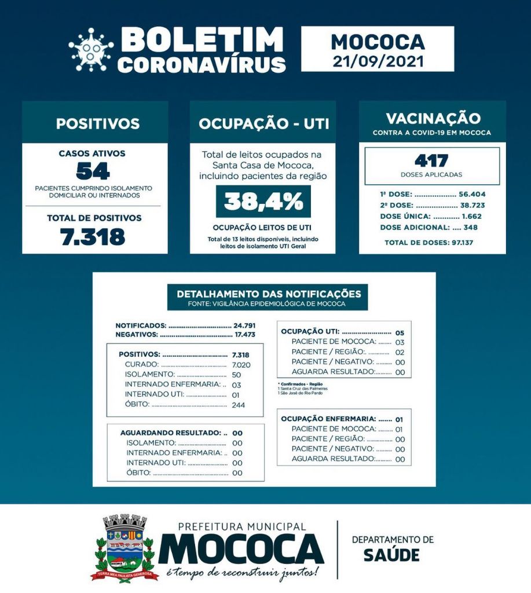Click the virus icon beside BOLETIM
[91, 50]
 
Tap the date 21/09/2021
[378, 61]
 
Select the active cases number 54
[93, 171]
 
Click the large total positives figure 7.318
[93, 236]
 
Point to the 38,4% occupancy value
[263, 201]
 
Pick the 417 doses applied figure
[431, 160]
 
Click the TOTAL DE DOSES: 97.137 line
[429, 242]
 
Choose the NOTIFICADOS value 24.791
[244, 325]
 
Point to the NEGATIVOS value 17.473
[244, 335]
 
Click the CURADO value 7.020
[237, 364]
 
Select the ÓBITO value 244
[237, 405]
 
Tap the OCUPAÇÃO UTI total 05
[400, 332]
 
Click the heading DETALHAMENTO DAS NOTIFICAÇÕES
[269, 294]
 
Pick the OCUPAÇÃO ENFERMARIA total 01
[399, 419]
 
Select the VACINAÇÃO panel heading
[433, 118]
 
